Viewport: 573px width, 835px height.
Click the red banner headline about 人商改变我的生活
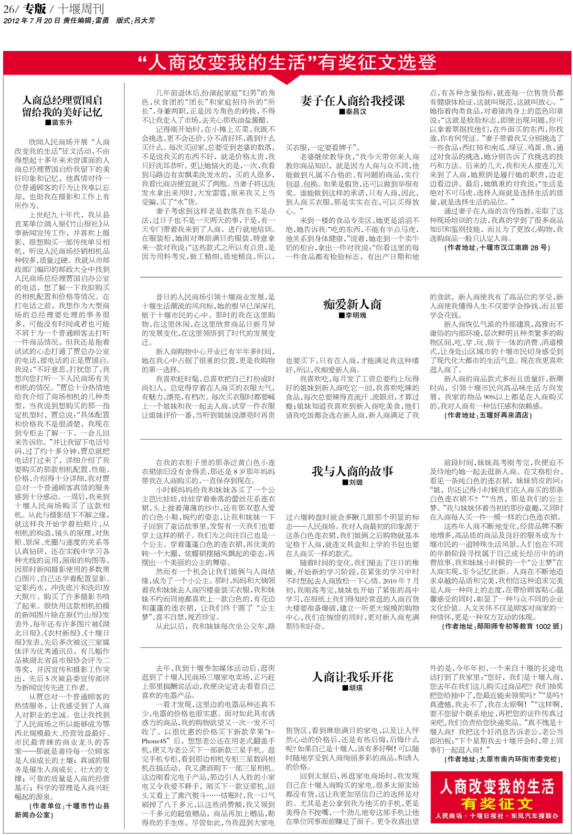click(286, 63)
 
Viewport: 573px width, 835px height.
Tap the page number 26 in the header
click(9, 9)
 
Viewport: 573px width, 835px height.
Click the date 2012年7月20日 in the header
click(32, 21)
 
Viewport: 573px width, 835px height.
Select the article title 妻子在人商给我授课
click(352, 100)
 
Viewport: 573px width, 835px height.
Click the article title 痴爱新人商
click(352, 304)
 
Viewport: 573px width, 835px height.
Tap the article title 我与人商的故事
click(352, 471)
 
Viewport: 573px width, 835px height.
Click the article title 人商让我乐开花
click(352, 677)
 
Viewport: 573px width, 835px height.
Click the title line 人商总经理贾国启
click(63, 100)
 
